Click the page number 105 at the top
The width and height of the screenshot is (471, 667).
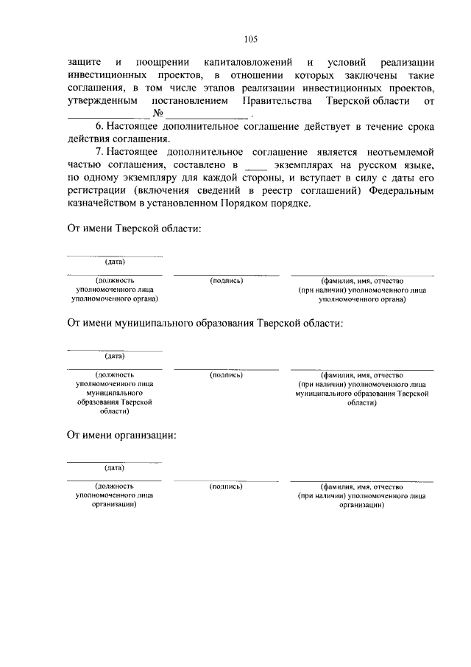[x=250, y=40]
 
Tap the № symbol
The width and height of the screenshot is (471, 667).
[x=157, y=114]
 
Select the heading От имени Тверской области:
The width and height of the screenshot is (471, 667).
[x=134, y=229]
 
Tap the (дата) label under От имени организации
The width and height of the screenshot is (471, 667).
[x=114, y=467]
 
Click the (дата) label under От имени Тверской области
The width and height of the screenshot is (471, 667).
[x=114, y=262]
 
